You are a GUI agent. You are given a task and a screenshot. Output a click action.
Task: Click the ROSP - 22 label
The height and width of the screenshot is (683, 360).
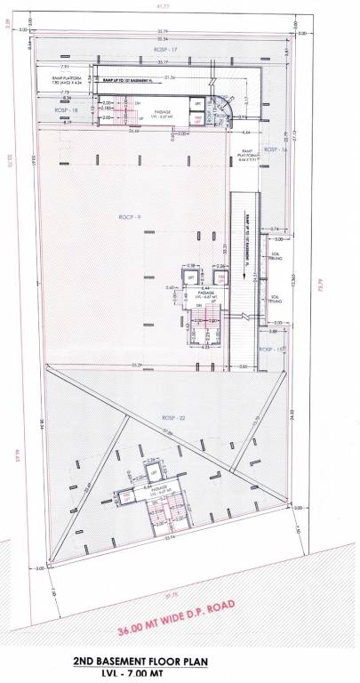(x=172, y=418)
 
